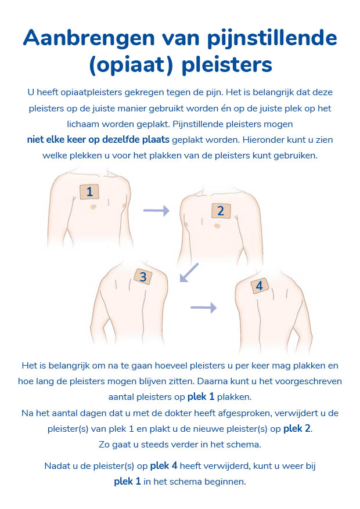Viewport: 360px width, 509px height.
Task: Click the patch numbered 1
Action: point(89,192)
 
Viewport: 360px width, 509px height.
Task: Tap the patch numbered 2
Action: point(220,211)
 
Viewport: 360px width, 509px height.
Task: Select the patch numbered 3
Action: point(143,277)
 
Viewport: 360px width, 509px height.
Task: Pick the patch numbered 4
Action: point(259,286)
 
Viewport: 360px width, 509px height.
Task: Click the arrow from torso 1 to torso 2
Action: point(156,211)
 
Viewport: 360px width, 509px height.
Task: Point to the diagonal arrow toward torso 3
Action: point(189,272)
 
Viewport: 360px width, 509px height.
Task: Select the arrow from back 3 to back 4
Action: point(203,308)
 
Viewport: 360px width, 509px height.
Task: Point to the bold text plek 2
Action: point(301,429)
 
